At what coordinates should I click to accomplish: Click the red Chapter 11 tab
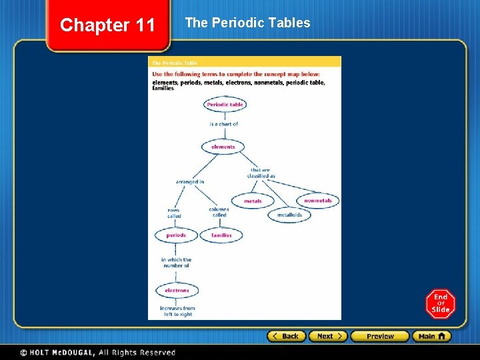[107, 26]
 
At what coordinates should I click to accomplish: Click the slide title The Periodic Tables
[247, 23]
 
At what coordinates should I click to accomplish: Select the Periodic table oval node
[225, 105]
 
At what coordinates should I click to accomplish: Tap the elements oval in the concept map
[223, 147]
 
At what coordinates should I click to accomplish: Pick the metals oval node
[253, 201]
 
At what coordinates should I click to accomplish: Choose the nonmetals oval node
[318, 201]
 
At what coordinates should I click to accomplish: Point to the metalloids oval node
[289, 215]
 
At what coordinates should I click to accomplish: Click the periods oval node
[176, 235]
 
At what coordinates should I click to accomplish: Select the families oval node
[221, 235]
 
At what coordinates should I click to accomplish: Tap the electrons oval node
[177, 291]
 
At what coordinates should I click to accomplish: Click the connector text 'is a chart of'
[223, 124]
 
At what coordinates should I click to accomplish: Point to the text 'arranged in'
[190, 181]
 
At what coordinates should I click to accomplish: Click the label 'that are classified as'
[263, 173]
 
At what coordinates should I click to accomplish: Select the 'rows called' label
[174, 213]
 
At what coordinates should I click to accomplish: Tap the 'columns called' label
[219, 212]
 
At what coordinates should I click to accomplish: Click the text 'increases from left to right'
[177, 311]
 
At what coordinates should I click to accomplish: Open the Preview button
[380, 336]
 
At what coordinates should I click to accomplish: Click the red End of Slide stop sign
[440, 304]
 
